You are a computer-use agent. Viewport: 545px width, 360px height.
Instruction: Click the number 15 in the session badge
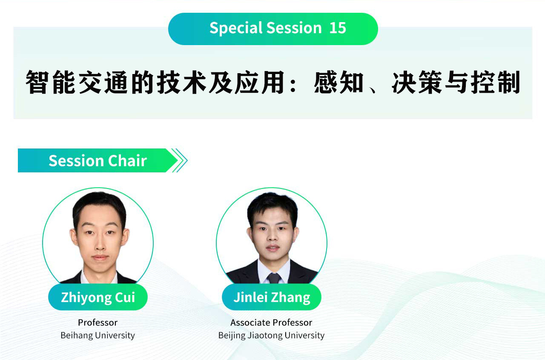338,28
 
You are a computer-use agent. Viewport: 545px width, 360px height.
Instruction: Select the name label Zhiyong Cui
98,297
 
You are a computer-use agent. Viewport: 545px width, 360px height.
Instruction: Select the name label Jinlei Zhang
272,297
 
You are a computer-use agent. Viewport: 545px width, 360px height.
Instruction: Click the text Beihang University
98,335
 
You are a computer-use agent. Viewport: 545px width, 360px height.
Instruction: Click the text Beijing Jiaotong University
271,335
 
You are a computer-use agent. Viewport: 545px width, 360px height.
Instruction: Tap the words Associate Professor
271,323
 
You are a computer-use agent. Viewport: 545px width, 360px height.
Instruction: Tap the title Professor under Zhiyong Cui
98,323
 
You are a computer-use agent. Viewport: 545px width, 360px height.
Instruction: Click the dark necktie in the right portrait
274,278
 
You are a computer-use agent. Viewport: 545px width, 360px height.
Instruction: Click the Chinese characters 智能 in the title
50,82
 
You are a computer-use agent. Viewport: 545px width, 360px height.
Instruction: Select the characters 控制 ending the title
495,82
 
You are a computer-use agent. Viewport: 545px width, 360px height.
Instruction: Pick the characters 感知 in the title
338,82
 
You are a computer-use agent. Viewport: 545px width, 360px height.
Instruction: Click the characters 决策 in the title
416,82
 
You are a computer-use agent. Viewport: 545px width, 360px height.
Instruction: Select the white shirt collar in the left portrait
99,277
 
